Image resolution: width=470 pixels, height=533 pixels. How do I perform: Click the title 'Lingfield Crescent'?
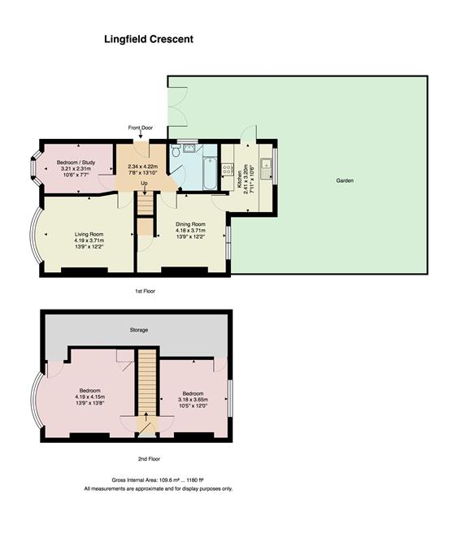click(147, 38)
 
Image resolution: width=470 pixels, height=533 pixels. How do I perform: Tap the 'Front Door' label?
click(141, 128)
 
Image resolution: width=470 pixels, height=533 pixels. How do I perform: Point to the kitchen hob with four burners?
click(228, 171)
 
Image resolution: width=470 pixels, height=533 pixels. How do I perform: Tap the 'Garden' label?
click(345, 180)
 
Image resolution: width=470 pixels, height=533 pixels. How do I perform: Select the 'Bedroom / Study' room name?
click(79, 163)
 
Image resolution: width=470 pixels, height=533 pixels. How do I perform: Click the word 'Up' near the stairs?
click(144, 183)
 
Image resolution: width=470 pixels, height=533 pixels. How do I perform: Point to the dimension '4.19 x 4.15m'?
click(90, 396)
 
